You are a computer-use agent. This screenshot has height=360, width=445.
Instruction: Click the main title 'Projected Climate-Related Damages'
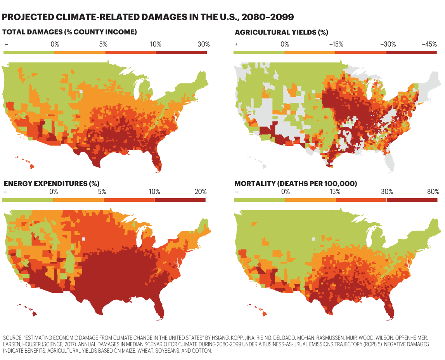(x=148, y=17)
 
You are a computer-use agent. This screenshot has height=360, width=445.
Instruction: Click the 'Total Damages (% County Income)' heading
(x=70, y=32)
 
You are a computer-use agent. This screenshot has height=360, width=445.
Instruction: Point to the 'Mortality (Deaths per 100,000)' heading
(x=296, y=183)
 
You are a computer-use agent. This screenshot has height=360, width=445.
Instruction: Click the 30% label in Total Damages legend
(x=203, y=44)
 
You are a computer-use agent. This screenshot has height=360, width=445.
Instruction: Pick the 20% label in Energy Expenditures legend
(x=201, y=191)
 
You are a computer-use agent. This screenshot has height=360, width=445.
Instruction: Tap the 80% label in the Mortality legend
(x=433, y=191)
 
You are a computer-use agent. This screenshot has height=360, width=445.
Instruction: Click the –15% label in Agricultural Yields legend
(x=336, y=44)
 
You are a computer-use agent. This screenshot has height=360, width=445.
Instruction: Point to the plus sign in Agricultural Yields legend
(x=236, y=44)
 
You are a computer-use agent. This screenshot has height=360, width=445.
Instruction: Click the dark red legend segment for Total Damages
(x=181, y=52)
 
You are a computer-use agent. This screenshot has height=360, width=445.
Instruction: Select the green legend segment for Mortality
(x=259, y=199)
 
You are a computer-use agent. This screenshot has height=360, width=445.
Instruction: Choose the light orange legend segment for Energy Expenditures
(x=78, y=199)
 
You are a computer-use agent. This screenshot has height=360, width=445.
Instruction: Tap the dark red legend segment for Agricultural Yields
(x=412, y=52)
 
